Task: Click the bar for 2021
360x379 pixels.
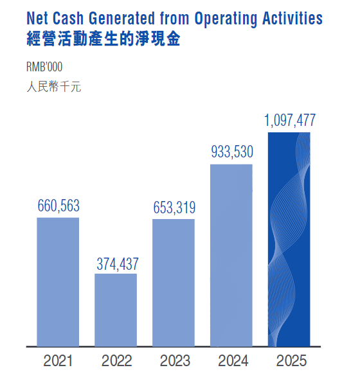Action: (x=58, y=282)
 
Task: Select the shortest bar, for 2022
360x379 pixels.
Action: (x=116, y=310)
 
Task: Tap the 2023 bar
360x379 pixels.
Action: (x=174, y=283)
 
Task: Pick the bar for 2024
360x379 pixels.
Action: (x=231, y=256)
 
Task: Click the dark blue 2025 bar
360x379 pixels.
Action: (x=289, y=240)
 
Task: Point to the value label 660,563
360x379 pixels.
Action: (x=59, y=206)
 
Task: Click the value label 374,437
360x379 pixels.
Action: (x=118, y=264)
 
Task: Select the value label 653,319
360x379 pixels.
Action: (x=174, y=207)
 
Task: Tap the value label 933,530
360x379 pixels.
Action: (x=232, y=152)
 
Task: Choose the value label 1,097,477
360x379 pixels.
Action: (x=290, y=120)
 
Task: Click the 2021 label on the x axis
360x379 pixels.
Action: (x=58, y=361)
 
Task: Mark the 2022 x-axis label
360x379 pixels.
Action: (x=116, y=361)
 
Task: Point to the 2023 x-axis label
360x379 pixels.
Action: (x=175, y=361)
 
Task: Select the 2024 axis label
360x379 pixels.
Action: (x=233, y=361)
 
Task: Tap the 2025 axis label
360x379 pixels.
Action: (x=291, y=361)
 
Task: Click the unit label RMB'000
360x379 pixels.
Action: (x=44, y=67)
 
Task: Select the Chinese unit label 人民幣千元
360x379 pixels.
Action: (x=54, y=87)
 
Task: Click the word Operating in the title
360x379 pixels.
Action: (x=226, y=19)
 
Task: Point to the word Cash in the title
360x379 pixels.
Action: (x=68, y=19)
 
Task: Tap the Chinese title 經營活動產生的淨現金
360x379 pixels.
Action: (x=104, y=39)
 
